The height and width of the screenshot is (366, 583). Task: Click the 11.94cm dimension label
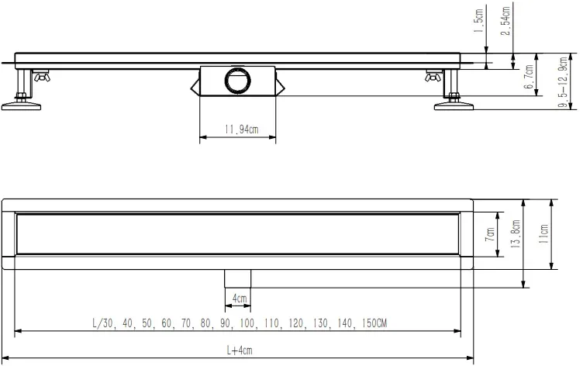[x=241, y=129]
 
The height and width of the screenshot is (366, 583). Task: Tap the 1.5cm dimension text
[x=479, y=21]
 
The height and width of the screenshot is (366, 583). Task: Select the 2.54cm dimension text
[x=505, y=21]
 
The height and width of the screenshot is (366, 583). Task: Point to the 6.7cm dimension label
[x=529, y=77]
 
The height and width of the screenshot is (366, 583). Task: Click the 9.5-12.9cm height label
[x=564, y=82]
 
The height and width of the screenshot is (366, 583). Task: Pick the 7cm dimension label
[x=490, y=234]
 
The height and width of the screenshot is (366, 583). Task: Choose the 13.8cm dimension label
[x=516, y=234]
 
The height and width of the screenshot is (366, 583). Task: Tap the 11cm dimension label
[x=543, y=233]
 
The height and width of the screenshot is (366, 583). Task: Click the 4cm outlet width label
[x=240, y=299]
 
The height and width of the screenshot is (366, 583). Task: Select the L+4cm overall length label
[x=240, y=350]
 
